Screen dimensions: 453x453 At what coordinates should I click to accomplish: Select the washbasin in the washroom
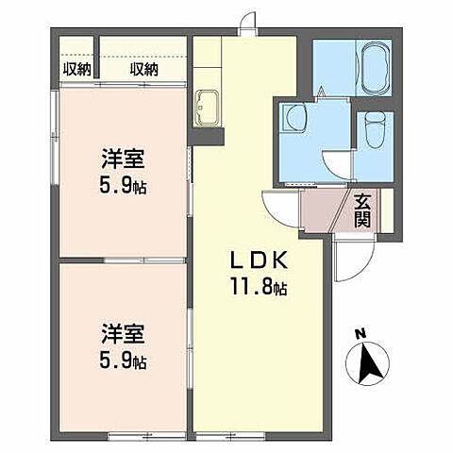(295, 119)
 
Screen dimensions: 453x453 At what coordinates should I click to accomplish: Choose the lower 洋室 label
(122, 334)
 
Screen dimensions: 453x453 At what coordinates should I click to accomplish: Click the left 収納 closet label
(76, 68)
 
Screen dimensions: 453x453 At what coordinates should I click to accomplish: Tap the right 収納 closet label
(143, 68)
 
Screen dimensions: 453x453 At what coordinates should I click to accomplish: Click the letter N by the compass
(360, 332)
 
